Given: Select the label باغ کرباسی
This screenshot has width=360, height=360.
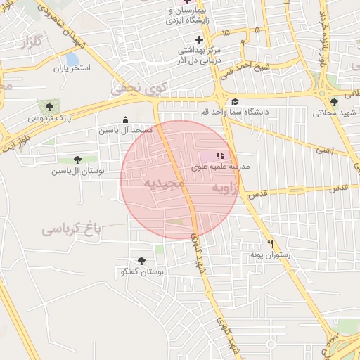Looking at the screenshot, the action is coord(71,229).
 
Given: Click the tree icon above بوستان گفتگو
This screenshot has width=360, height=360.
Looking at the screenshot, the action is coord(141,261).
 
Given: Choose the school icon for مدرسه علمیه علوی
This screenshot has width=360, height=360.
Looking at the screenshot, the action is coord(220,155).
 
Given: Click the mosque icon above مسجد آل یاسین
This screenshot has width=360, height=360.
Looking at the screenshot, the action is coord(125,120).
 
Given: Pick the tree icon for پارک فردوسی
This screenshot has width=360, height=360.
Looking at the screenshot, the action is coord(49,107).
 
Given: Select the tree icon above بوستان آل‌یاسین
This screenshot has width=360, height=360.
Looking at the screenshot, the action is coord(77,160).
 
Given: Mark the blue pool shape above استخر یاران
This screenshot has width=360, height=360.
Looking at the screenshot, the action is coord(72,59).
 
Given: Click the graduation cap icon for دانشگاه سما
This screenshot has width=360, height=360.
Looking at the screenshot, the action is coord(235,102).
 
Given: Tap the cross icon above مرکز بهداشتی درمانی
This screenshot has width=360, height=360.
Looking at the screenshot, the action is coord(199,39).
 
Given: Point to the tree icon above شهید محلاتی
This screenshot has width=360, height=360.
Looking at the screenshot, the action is coord(334,103).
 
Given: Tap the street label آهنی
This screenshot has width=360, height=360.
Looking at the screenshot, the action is coord(325,149).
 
